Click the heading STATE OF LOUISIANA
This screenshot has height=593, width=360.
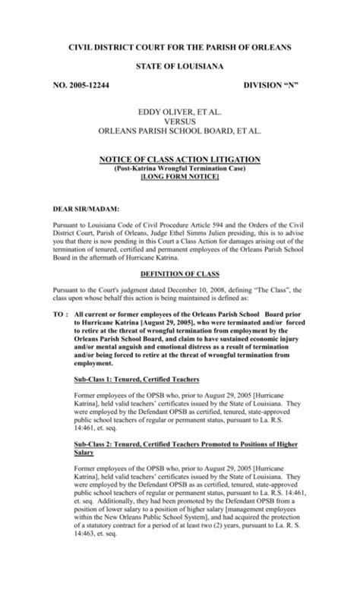[x=179, y=68]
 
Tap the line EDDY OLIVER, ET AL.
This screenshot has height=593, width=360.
[x=179, y=112]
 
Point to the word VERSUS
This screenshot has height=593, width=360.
[x=179, y=121]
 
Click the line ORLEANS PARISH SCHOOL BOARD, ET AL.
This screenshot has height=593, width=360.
[x=179, y=131]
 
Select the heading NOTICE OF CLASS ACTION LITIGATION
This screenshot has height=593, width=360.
[x=180, y=159]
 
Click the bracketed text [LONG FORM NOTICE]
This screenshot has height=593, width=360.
[x=180, y=176]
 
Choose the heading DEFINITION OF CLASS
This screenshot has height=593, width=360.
[x=179, y=273]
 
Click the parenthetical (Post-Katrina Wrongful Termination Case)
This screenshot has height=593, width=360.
[x=180, y=168]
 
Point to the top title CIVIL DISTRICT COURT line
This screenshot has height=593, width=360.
[x=179, y=47]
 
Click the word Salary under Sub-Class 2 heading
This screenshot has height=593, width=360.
[x=84, y=453]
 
